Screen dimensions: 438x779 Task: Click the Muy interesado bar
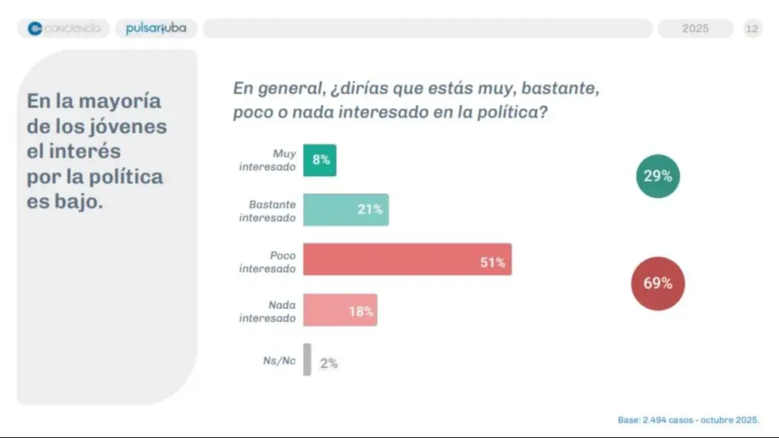[x=319, y=160]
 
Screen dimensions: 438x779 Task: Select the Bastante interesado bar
[x=345, y=209]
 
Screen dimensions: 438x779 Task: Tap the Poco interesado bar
[x=407, y=260]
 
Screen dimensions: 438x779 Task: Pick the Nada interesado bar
[x=340, y=310]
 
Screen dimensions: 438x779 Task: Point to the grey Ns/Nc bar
[x=307, y=360]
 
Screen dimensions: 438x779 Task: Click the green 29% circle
[x=658, y=176]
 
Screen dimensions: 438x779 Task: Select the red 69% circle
[x=658, y=283]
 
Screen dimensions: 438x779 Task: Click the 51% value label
[x=492, y=263]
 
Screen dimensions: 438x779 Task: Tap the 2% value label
[x=328, y=363]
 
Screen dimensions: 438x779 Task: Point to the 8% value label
[x=321, y=160]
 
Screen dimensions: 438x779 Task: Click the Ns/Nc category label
[x=279, y=360]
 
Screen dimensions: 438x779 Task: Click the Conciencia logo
[x=64, y=29]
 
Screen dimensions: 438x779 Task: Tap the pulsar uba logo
[x=155, y=29]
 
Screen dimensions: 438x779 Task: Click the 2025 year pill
[x=695, y=29]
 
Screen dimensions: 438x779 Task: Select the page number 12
[x=752, y=29]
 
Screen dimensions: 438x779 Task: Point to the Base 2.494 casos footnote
[x=688, y=419]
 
